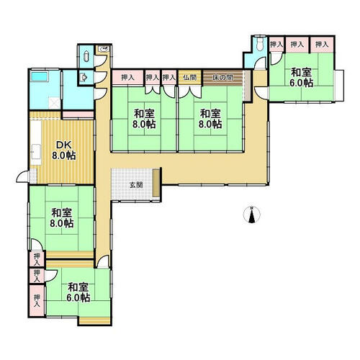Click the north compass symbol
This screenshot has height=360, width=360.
point(251,215)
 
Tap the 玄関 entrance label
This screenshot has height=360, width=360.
point(136,185)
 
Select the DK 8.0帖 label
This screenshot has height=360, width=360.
point(64,150)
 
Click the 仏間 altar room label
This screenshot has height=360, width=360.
point(189,78)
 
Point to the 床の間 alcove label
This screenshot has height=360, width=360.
point(222,78)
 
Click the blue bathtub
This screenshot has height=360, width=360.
point(39,76)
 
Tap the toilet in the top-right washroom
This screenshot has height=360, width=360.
point(259,45)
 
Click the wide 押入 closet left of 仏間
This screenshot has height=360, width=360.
point(128,78)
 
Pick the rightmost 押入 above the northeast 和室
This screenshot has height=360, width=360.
point(322,45)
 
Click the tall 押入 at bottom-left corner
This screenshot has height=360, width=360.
point(37,300)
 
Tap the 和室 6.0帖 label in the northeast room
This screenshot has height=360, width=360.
point(301,78)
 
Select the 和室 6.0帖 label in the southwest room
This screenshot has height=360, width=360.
point(78,292)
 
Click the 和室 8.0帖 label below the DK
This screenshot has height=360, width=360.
point(62,218)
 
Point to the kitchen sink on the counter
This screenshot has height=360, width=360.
point(36,150)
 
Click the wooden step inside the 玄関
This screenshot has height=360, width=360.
point(156,183)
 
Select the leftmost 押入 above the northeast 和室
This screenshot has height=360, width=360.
point(276,44)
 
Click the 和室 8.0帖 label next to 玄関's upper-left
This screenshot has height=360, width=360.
point(144,119)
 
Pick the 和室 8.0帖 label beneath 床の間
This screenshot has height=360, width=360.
point(210,119)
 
